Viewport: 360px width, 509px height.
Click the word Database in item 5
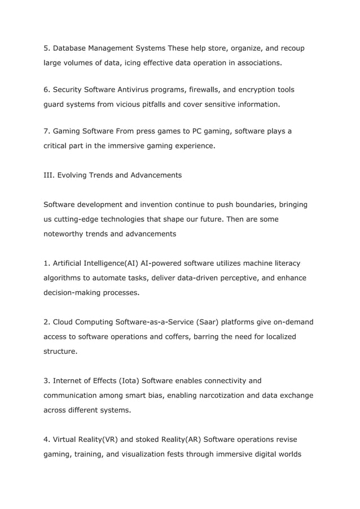[72, 48]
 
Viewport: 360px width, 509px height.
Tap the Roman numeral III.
[50, 175]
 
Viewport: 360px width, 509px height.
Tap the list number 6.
[46, 90]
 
